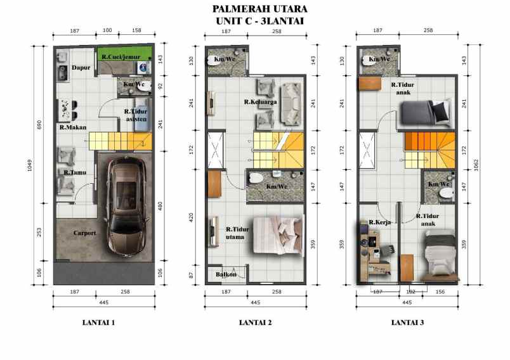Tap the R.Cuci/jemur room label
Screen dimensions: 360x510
click(x=121, y=57)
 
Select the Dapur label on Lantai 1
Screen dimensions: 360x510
click(x=80, y=68)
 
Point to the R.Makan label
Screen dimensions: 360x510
click(x=73, y=127)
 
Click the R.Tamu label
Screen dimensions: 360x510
click(x=75, y=172)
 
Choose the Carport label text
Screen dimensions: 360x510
click(x=84, y=233)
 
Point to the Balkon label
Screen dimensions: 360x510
click(x=225, y=274)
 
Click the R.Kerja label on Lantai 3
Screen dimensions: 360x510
click(x=378, y=222)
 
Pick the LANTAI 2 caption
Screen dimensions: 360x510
click(x=256, y=323)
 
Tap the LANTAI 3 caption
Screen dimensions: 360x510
click(x=407, y=323)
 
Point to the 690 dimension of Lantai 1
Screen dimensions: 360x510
click(x=39, y=124)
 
